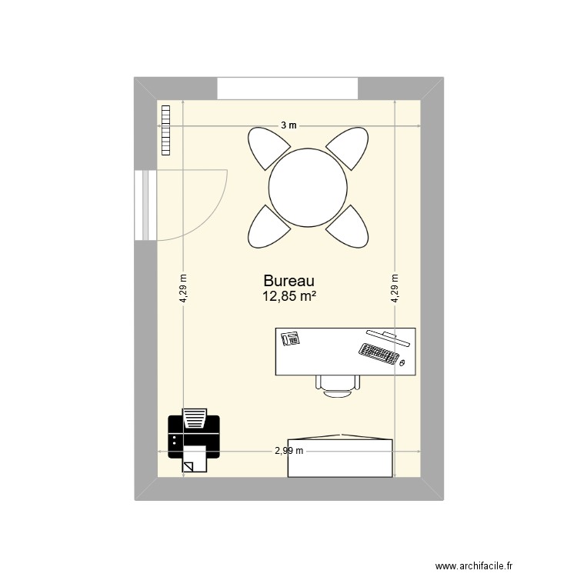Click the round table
(x=305, y=187)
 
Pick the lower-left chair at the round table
(x=265, y=228)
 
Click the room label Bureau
(x=289, y=282)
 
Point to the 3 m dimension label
(x=288, y=125)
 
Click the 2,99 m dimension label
(x=289, y=452)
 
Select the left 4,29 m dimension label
(x=184, y=289)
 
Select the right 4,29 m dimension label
(x=395, y=289)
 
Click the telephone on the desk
(x=291, y=338)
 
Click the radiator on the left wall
(x=165, y=130)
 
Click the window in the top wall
(x=288, y=88)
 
